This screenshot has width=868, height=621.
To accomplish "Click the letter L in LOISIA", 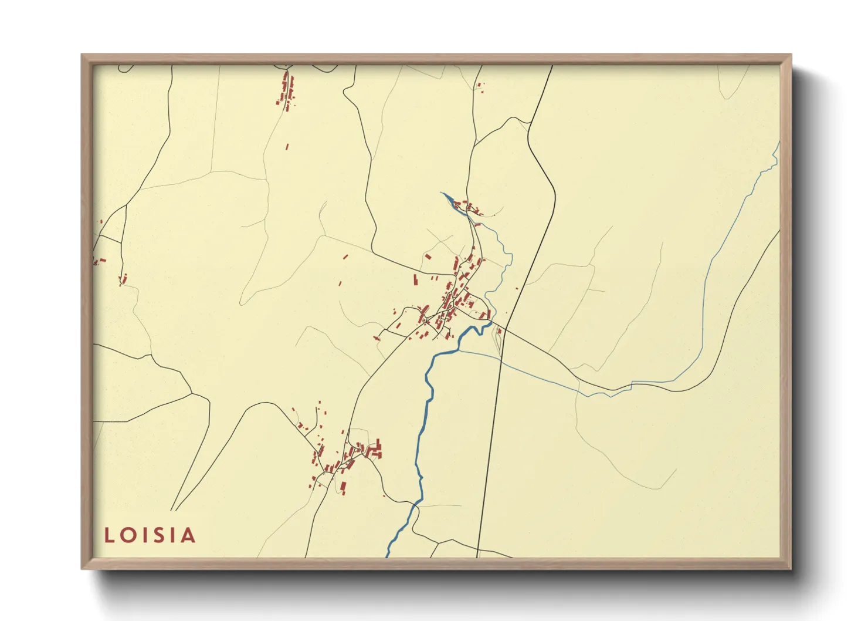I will coord(108,535).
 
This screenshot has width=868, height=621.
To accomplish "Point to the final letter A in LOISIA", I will coord(188,535).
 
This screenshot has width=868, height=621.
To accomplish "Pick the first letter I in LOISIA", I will coord(144,535).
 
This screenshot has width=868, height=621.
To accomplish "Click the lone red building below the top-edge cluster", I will coord(287,147).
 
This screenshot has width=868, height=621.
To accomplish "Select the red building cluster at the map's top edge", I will coord(287,91).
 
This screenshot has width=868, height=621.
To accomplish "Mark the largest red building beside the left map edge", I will coord(101,260).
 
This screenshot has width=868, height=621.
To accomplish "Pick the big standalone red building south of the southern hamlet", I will coord(343,487).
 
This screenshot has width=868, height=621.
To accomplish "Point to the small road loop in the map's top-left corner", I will coord(126,68).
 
